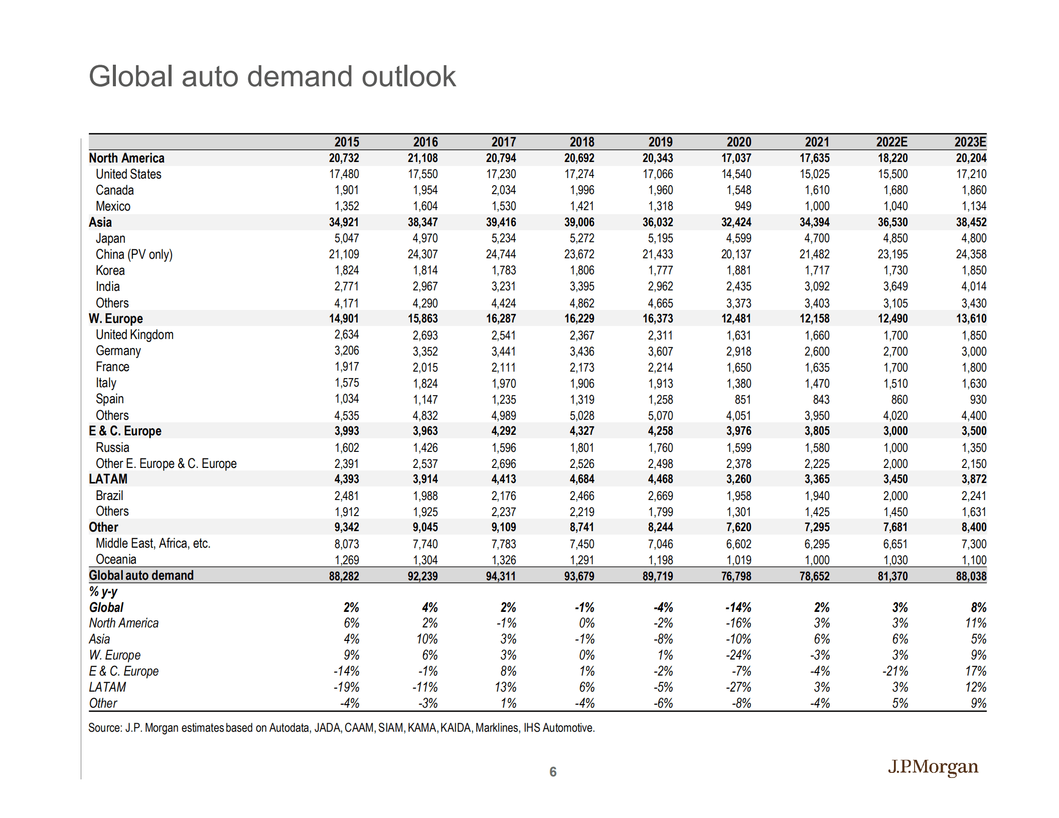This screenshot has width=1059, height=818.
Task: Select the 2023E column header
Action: point(970,142)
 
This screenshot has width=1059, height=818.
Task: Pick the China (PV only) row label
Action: point(134,254)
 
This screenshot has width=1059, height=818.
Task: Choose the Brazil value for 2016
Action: point(425,496)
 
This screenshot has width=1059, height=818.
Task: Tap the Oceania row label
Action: point(116,559)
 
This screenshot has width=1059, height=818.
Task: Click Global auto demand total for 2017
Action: point(501,576)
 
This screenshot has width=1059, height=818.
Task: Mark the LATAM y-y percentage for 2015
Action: point(347,687)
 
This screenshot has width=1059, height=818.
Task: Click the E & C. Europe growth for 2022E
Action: point(895,671)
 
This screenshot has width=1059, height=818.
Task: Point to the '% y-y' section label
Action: point(103,592)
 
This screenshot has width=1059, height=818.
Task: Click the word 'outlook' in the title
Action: point(408,77)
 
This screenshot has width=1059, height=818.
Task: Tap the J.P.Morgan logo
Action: point(933,767)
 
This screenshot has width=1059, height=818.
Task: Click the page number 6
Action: point(552,771)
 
